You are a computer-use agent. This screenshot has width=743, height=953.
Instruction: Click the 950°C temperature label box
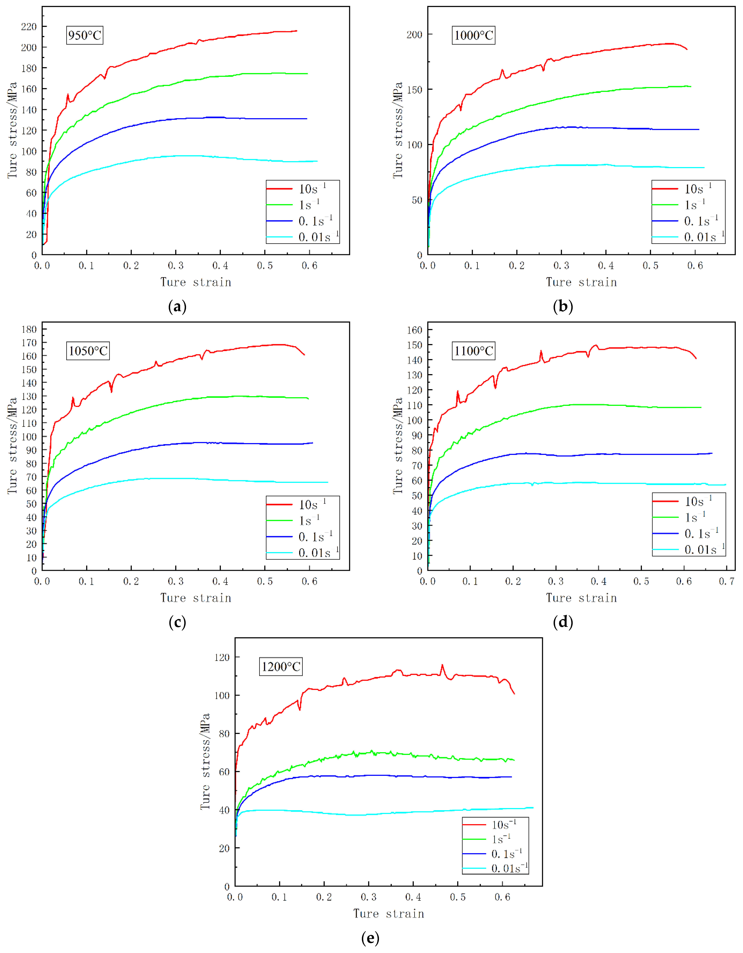pyautogui.click(x=85, y=35)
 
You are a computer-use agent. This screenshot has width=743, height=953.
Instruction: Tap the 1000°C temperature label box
pyautogui.click(x=474, y=35)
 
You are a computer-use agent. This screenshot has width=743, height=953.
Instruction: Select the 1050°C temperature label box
pyautogui.click(x=88, y=351)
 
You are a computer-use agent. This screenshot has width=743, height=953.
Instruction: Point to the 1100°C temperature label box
pyautogui.click(x=474, y=351)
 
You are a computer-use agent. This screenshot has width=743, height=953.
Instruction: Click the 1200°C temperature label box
pyautogui.click(x=281, y=666)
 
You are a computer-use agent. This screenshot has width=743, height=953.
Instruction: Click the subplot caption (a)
pyautogui.click(x=177, y=307)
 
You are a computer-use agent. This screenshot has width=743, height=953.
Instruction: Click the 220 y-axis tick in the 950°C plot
pyautogui.click(x=29, y=27)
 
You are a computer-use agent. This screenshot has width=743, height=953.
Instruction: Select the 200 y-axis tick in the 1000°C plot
pyautogui.click(x=414, y=34)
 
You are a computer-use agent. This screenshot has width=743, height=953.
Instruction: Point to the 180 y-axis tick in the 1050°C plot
pyautogui.click(x=29, y=329)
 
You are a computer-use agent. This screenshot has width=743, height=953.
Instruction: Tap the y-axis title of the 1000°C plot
pyautogui.click(x=398, y=130)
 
